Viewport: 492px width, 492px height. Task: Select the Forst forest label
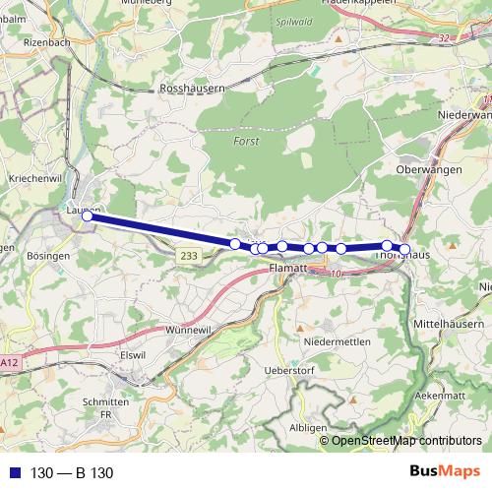(246, 141)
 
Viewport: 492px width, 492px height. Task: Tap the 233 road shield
(190, 255)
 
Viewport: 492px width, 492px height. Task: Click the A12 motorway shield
(9, 363)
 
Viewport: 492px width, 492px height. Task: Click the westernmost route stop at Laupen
(88, 215)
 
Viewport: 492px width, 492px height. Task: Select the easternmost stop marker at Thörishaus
(404, 250)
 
